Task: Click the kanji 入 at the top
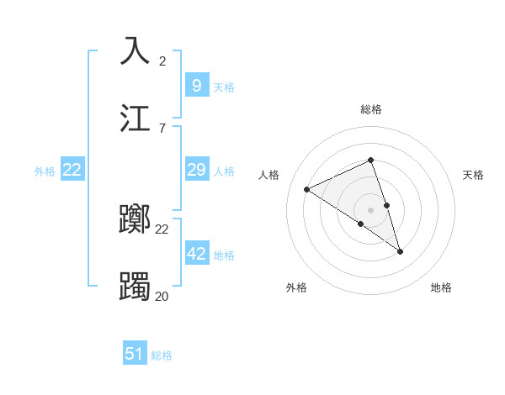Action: (136, 50)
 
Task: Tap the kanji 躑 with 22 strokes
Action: (136, 220)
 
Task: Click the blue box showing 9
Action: (197, 85)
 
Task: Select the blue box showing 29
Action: (197, 170)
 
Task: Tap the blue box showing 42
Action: (197, 253)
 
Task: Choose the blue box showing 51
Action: (135, 354)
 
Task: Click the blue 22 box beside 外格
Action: (72, 170)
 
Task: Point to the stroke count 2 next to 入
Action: (162, 61)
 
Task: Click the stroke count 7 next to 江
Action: (162, 129)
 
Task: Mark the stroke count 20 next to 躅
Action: (162, 297)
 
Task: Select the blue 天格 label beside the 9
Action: (224, 87)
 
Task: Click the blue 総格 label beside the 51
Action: (162, 355)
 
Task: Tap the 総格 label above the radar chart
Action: (370, 109)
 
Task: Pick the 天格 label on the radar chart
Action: (473, 175)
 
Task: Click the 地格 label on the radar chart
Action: (441, 287)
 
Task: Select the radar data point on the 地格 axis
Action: (400, 251)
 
